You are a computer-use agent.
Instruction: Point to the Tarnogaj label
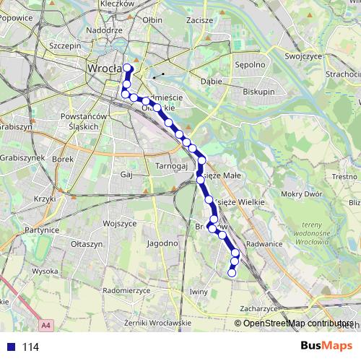click(x=172, y=165)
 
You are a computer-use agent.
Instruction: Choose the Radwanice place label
click(x=264, y=243)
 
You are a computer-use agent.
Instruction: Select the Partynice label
click(x=41, y=230)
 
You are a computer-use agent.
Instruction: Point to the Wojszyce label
click(x=120, y=223)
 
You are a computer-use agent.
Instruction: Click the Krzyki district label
click(x=45, y=199)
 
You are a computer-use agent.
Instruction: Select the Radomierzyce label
click(x=126, y=290)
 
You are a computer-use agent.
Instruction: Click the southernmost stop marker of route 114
click(x=232, y=272)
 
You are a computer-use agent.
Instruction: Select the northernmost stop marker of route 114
click(x=129, y=68)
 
